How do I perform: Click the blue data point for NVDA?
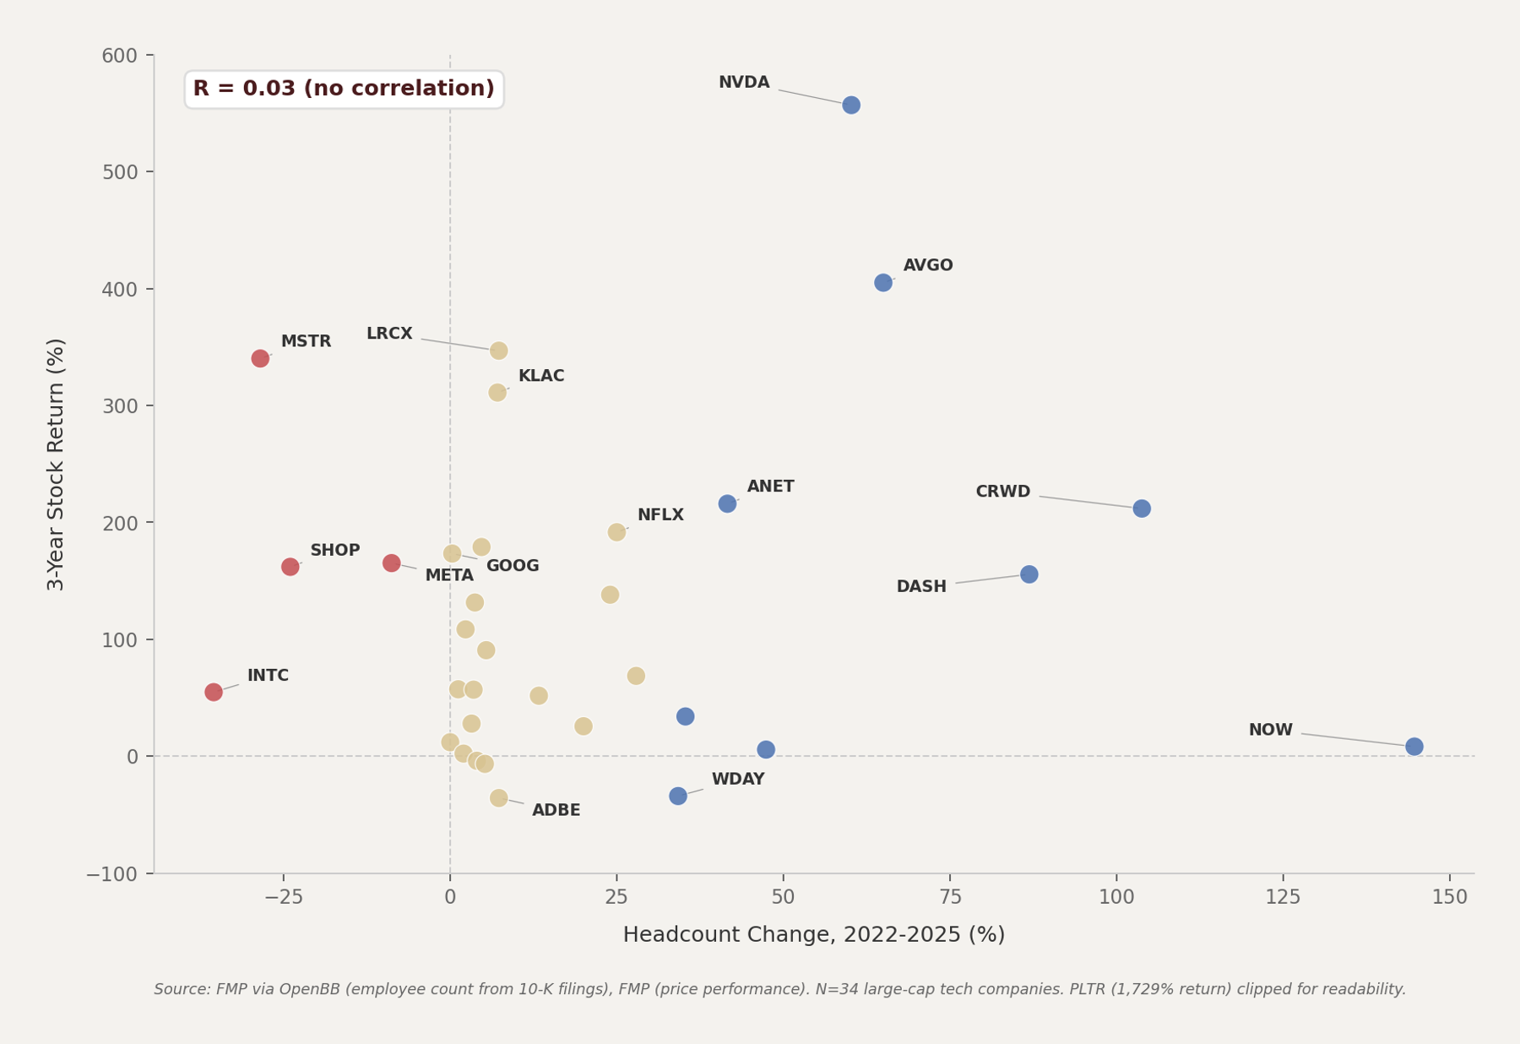851,105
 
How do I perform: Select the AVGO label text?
928,266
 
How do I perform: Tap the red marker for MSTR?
260,358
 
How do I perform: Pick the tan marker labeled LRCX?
498,351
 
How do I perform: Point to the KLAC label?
541,377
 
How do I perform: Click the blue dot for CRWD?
1142,508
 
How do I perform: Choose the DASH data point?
1029,574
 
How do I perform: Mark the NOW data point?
1414,747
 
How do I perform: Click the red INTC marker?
214,692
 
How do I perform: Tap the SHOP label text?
334,551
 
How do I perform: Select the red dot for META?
391,563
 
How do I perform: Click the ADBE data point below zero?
498,797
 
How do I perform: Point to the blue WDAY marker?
678,796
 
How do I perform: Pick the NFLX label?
660,515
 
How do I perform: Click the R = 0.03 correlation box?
344,90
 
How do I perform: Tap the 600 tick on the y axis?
119,56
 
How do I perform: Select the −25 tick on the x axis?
284,897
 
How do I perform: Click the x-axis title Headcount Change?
813,935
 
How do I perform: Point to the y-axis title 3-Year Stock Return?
56,464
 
